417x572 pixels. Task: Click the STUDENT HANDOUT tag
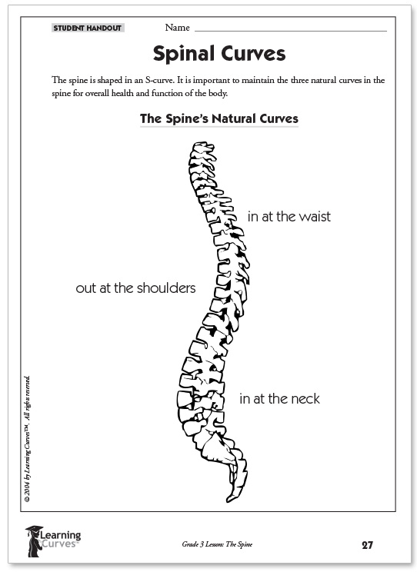point(88,28)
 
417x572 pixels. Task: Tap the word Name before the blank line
point(177,28)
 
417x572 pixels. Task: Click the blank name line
point(291,32)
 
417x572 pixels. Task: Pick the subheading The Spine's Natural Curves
point(219,119)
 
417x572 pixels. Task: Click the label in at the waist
point(289,217)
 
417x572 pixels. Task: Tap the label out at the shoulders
point(135,288)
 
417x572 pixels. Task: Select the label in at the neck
point(279,399)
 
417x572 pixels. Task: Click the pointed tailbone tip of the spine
point(229,500)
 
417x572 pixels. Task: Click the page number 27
point(367,545)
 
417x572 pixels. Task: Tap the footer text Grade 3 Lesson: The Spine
point(217,544)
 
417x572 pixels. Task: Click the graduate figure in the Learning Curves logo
point(34,541)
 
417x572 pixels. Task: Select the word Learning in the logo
point(60,536)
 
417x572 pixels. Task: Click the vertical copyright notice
point(27,439)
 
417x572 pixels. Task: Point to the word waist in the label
point(315,217)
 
